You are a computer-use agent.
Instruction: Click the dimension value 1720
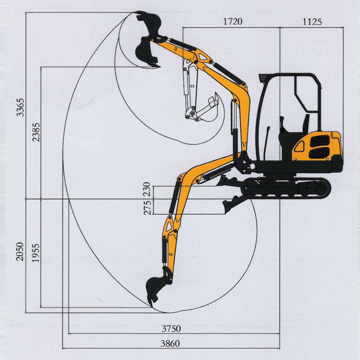232,22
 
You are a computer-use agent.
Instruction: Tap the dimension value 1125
312,22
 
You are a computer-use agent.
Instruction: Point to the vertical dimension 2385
37,132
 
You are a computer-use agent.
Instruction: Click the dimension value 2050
19,252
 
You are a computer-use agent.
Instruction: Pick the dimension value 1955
36,252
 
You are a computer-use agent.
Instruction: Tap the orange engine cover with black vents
316,146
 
